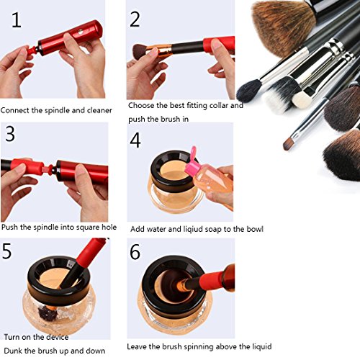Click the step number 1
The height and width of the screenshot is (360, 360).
coord(17,20)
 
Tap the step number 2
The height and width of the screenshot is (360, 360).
coord(135,19)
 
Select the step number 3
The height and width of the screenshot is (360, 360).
coord(10,134)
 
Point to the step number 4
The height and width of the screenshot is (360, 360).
coord(135,140)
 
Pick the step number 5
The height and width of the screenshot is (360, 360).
coord(6,251)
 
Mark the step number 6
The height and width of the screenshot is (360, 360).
coord(135,252)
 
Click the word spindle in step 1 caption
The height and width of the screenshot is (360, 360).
coord(57,111)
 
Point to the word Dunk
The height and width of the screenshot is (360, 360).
coord(13,351)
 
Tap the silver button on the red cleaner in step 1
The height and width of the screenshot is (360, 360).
coord(81,32)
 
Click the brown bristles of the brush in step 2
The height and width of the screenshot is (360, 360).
coord(140,52)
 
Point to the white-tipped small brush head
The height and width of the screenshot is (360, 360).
coord(300,99)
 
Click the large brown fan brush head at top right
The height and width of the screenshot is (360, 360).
coord(283,27)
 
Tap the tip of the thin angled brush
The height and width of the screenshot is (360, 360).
coord(285,147)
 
